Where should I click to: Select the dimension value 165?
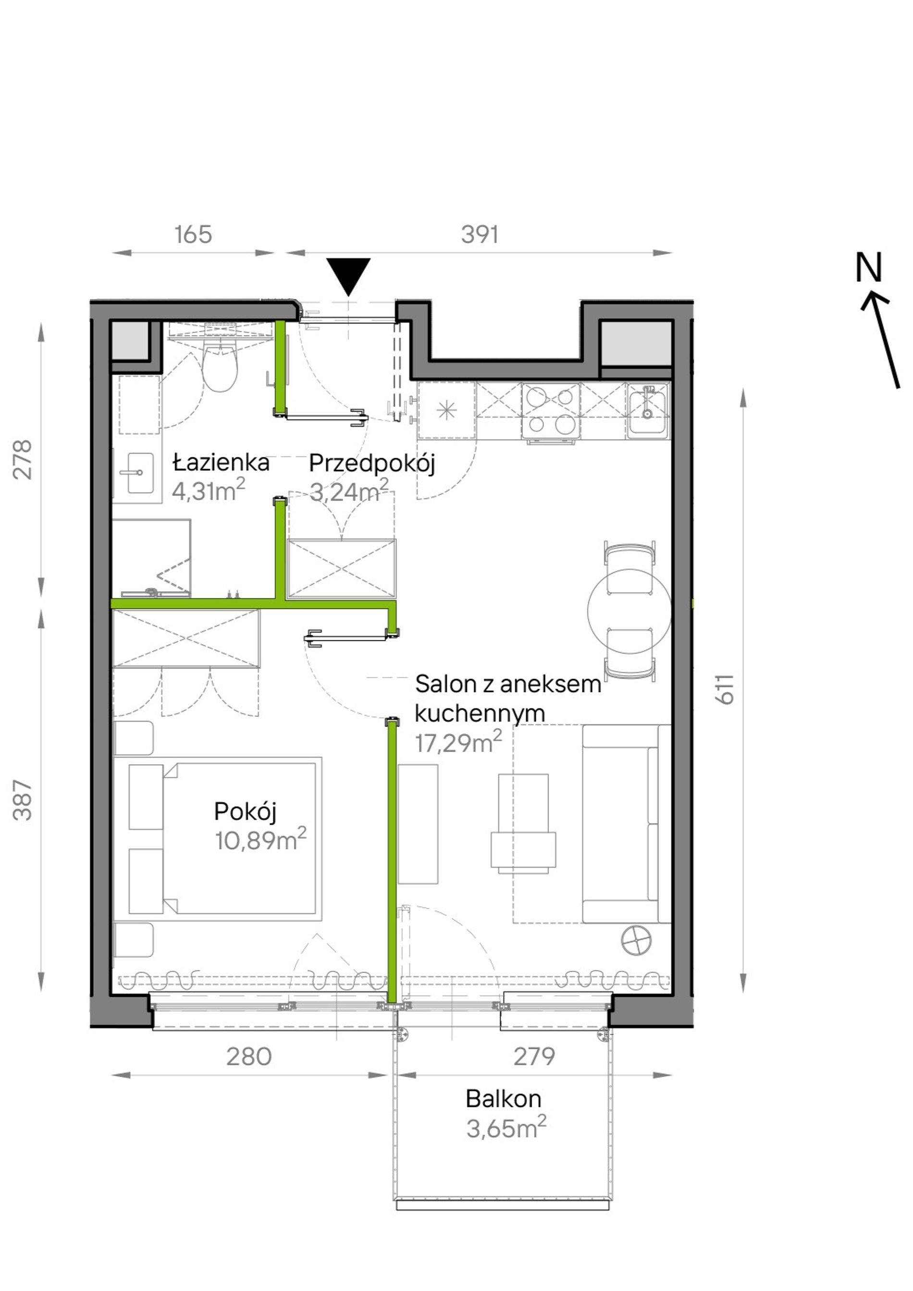click(x=193, y=234)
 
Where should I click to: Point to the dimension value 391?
click(x=480, y=234)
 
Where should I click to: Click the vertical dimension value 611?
click(x=725, y=689)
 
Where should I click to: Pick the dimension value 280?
click(x=249, y=1057)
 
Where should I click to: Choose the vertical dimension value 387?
click(x=23, y=799)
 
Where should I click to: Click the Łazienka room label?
click(x=221, y=463)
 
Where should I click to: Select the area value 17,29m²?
click(x=458, y=742)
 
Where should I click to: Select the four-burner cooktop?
click(x=550, y=410)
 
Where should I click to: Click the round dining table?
click(x=629, y=611)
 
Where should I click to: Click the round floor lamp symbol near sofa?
click(x=636, y=939)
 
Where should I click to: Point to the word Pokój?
click(x=245, y=811)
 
